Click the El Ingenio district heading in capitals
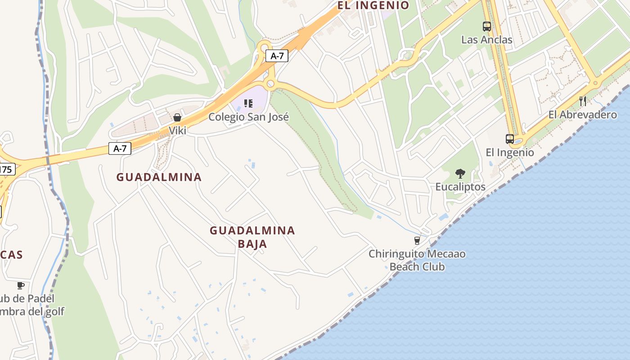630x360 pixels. point(373,5)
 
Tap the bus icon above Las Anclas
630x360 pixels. point(487,27)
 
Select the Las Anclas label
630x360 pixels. point(487,40)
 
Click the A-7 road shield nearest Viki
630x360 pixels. point(120,148)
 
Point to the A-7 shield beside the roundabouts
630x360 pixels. point(277,56)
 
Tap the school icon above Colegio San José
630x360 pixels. point(248,103)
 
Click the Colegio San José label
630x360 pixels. point(248,117)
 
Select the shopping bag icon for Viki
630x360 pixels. point(177,117)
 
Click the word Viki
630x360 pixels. point(177,130)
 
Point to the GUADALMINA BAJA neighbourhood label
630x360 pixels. point(252,237)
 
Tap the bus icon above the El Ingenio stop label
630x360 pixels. point(510,139)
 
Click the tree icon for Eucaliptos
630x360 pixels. point(460,173)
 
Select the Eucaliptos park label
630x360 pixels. point(460,187)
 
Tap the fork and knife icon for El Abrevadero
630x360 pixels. point(583,101)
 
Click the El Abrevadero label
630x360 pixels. point(583,115)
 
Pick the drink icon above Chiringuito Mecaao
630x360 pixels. point(417,241)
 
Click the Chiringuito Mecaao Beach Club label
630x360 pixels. point(417,260)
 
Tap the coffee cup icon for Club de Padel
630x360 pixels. point(20,285)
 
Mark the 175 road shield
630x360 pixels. point(6,169)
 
